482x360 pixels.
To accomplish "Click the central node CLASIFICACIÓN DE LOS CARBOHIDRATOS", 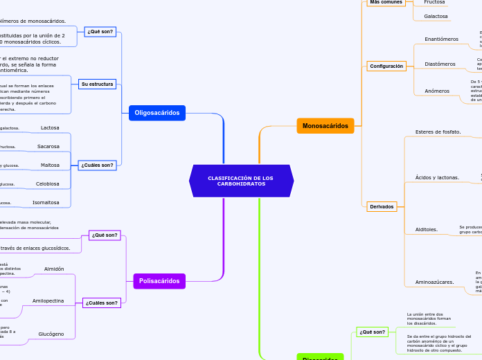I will click(241, 181).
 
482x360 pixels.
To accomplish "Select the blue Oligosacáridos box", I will click(157, 112).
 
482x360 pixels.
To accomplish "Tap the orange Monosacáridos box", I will click(325, 125).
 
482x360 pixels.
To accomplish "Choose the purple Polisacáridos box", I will click(160, 280).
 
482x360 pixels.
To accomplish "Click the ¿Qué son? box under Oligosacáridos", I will click(100, 31).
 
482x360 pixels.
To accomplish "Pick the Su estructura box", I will click(97, 84).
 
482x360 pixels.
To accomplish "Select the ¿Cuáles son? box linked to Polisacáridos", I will click(102, 303).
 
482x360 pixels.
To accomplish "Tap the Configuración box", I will click(386, 66).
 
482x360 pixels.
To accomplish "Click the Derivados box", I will click(382, 206).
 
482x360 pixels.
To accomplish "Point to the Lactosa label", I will click(50, 127).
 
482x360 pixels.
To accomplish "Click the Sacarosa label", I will click(48, 147).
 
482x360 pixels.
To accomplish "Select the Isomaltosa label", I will click(46, 203).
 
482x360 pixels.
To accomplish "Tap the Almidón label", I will click(54, 269).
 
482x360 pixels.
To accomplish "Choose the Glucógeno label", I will click(51, 334).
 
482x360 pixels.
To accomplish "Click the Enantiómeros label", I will click(441, 39).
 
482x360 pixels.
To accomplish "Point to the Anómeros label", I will click(437, 91).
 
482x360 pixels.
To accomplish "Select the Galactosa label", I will click(436, 16).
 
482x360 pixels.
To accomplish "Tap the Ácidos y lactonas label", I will click(437, 178).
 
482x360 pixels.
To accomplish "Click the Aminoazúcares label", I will click(434, 282).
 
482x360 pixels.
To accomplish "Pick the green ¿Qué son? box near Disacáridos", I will click(372, 332).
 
